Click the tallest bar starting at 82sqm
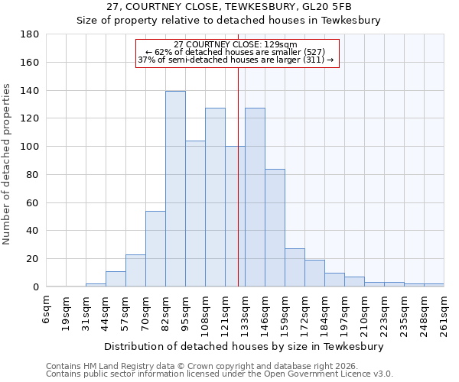click(175, 189)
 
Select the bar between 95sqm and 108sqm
click(195, 214)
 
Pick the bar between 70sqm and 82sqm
click(155, 248)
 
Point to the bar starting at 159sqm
click(295, 267)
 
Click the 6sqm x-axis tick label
click(47, 309)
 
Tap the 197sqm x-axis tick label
click(345, 313)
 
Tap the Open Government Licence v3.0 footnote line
click(220, 374)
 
